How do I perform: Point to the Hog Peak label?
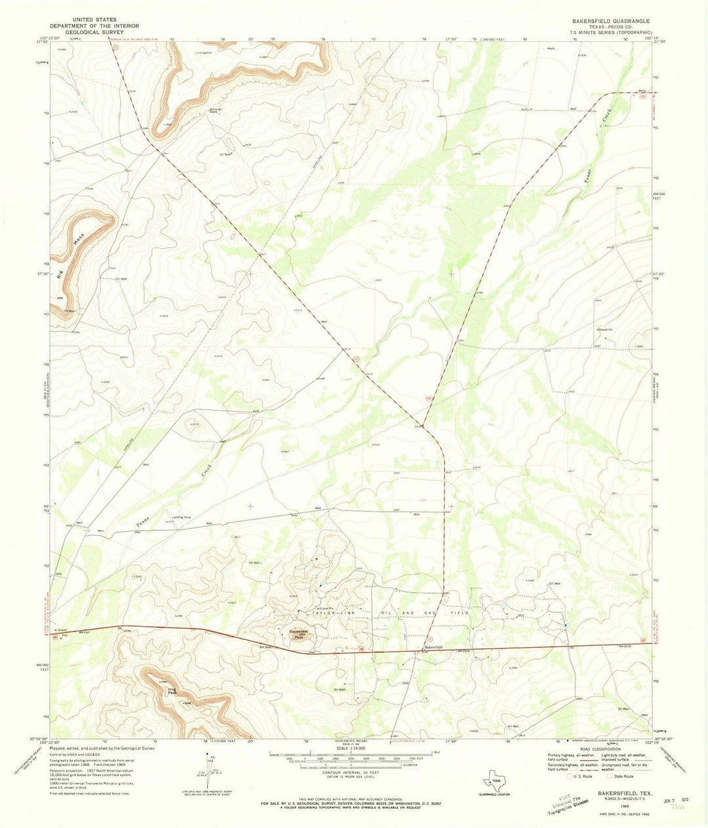172,690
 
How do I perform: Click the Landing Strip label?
181,517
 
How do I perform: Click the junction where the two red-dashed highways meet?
422,426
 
